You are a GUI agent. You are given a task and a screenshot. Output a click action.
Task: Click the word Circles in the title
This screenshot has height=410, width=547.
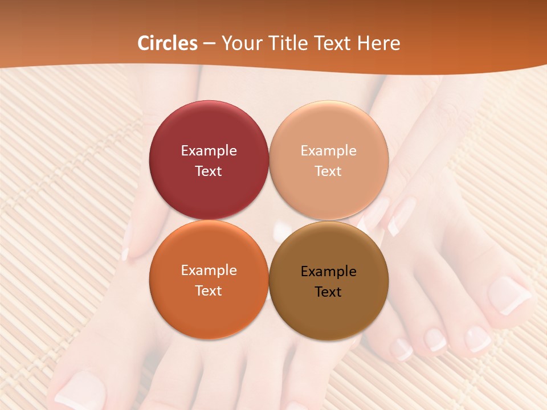click(168, 43)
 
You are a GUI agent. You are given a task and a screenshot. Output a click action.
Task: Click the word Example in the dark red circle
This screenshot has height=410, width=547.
click(209, 151)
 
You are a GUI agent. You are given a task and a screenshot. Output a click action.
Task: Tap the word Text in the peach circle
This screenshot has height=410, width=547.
click(328, 171)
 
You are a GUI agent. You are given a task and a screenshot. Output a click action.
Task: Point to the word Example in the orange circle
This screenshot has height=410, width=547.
click(209, 270)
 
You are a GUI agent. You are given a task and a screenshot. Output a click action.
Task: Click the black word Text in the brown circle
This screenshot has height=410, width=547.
click(328, 292)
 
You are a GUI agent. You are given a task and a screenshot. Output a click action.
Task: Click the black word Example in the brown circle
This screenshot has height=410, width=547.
click(328, 272)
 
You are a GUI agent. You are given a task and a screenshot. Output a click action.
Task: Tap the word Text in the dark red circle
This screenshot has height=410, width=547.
click(209, 171)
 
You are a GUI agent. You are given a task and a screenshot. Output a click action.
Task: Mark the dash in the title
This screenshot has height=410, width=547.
click(209, 44)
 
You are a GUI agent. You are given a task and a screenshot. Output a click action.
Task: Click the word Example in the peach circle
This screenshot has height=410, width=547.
click(328, 151)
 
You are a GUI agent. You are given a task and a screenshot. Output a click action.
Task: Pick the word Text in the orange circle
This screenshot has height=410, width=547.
click(209, 291)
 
